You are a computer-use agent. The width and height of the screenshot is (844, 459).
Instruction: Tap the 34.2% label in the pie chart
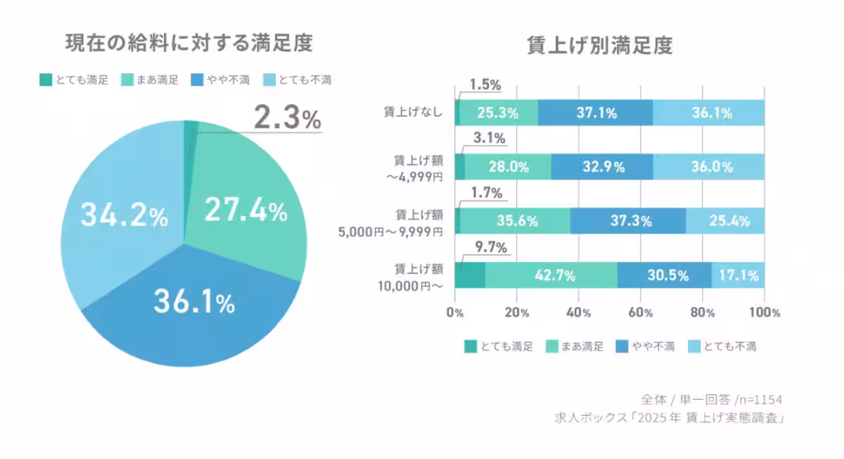pyautogui.click(x=124, y=215)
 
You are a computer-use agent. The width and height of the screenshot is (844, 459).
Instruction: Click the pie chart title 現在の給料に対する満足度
pyautogui.click(x=188, y=44)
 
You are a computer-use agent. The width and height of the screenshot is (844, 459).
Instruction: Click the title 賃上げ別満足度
pyautogui.click(x=600, y=46)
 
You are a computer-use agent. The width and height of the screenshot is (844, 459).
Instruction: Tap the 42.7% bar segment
pyautogui.click(x=551, y=275)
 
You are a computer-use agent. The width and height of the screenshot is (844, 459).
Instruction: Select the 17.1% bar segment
pyautogui.click(x=738, y=275)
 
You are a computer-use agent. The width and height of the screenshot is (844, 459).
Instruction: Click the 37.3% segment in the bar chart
pyautogui.click(x=627, y=220)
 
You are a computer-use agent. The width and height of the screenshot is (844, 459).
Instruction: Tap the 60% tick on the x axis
pyautogui.click(x=640, y=313)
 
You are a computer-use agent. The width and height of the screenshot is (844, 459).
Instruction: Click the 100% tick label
pyautogui.click(x=765, y=313)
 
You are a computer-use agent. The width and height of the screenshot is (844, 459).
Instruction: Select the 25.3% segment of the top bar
pyautogui.click(x=498, y=113)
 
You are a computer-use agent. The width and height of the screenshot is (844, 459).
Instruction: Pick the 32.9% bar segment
pyautogui.click(x=601, y=167)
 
